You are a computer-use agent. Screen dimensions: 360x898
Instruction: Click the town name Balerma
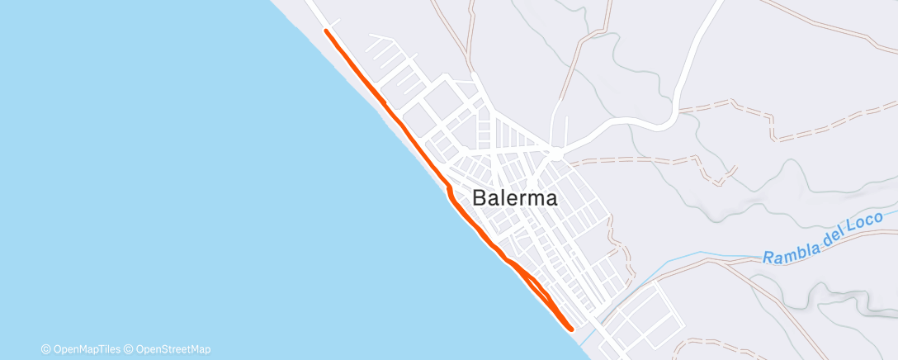515,198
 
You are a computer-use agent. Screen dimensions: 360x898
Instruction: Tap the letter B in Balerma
480,198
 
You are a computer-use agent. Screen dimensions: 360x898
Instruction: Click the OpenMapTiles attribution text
85,349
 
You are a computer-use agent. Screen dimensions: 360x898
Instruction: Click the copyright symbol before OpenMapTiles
45,349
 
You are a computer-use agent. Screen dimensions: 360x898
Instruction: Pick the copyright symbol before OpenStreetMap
129,349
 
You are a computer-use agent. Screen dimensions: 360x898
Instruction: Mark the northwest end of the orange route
327,31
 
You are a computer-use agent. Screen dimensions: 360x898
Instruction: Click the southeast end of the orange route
571,328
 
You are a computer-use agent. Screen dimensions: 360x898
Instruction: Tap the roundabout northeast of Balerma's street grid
556,154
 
